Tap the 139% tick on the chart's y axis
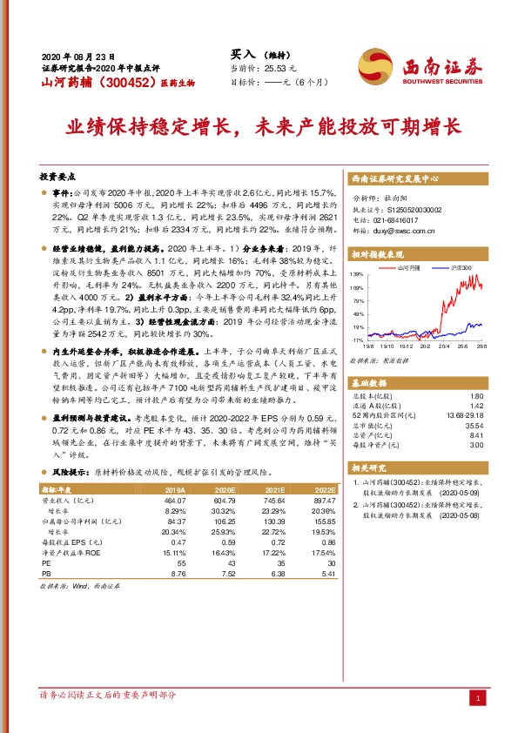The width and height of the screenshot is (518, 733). click(x=357, y=273)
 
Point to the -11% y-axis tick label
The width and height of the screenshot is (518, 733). click(x=357, y=339)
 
